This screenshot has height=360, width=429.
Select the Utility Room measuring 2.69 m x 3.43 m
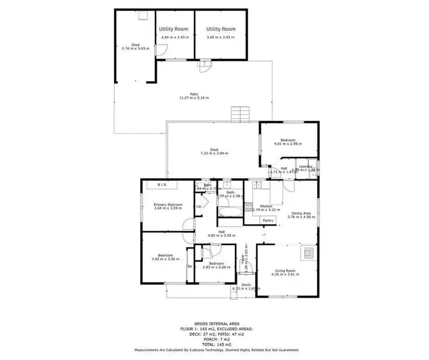(x=173, y=29)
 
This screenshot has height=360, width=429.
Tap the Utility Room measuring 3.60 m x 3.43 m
(x=221, y=29)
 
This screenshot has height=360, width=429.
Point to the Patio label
(x=194, y=95)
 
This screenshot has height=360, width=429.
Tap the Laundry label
(x=305, y=167)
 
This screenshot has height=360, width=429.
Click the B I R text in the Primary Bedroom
(x=162, y=185)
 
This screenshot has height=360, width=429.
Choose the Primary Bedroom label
(x=168, y=204)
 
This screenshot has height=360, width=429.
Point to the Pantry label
(x=268, y=220)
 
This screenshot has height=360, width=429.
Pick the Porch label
(x=246, y=285)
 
